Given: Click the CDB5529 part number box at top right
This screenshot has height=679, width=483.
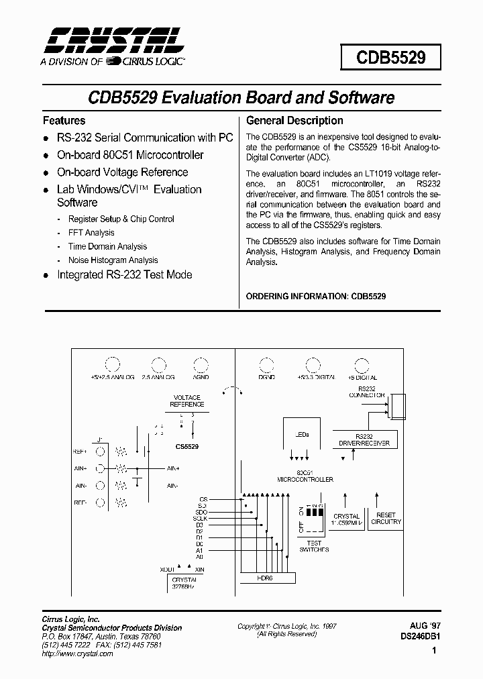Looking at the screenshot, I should [390, 57].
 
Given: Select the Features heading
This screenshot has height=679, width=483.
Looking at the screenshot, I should [64, 121].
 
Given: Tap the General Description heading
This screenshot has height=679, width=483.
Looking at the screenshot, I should [294, 121].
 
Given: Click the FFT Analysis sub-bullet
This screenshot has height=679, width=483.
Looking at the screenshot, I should [91, 233].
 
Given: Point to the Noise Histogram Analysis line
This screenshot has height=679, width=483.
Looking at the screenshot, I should [113, 260].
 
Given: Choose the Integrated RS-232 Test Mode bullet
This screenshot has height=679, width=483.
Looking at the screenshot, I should [124, 275].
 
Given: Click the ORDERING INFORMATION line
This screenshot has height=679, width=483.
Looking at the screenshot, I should [316, 296].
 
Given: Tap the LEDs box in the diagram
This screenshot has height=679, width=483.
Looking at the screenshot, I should [303, 435].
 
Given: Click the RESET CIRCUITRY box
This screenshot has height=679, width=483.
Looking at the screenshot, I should [386, 519].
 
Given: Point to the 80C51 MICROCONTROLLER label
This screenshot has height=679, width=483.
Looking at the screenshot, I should [305, 476].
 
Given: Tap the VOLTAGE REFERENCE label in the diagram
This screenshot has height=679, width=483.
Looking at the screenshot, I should [187, 401].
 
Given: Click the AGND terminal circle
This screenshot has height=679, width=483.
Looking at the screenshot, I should [201, 365].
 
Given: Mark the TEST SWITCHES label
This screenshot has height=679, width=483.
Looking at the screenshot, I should [313, 546].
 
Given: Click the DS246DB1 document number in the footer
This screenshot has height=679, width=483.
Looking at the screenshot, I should [420, 638].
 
